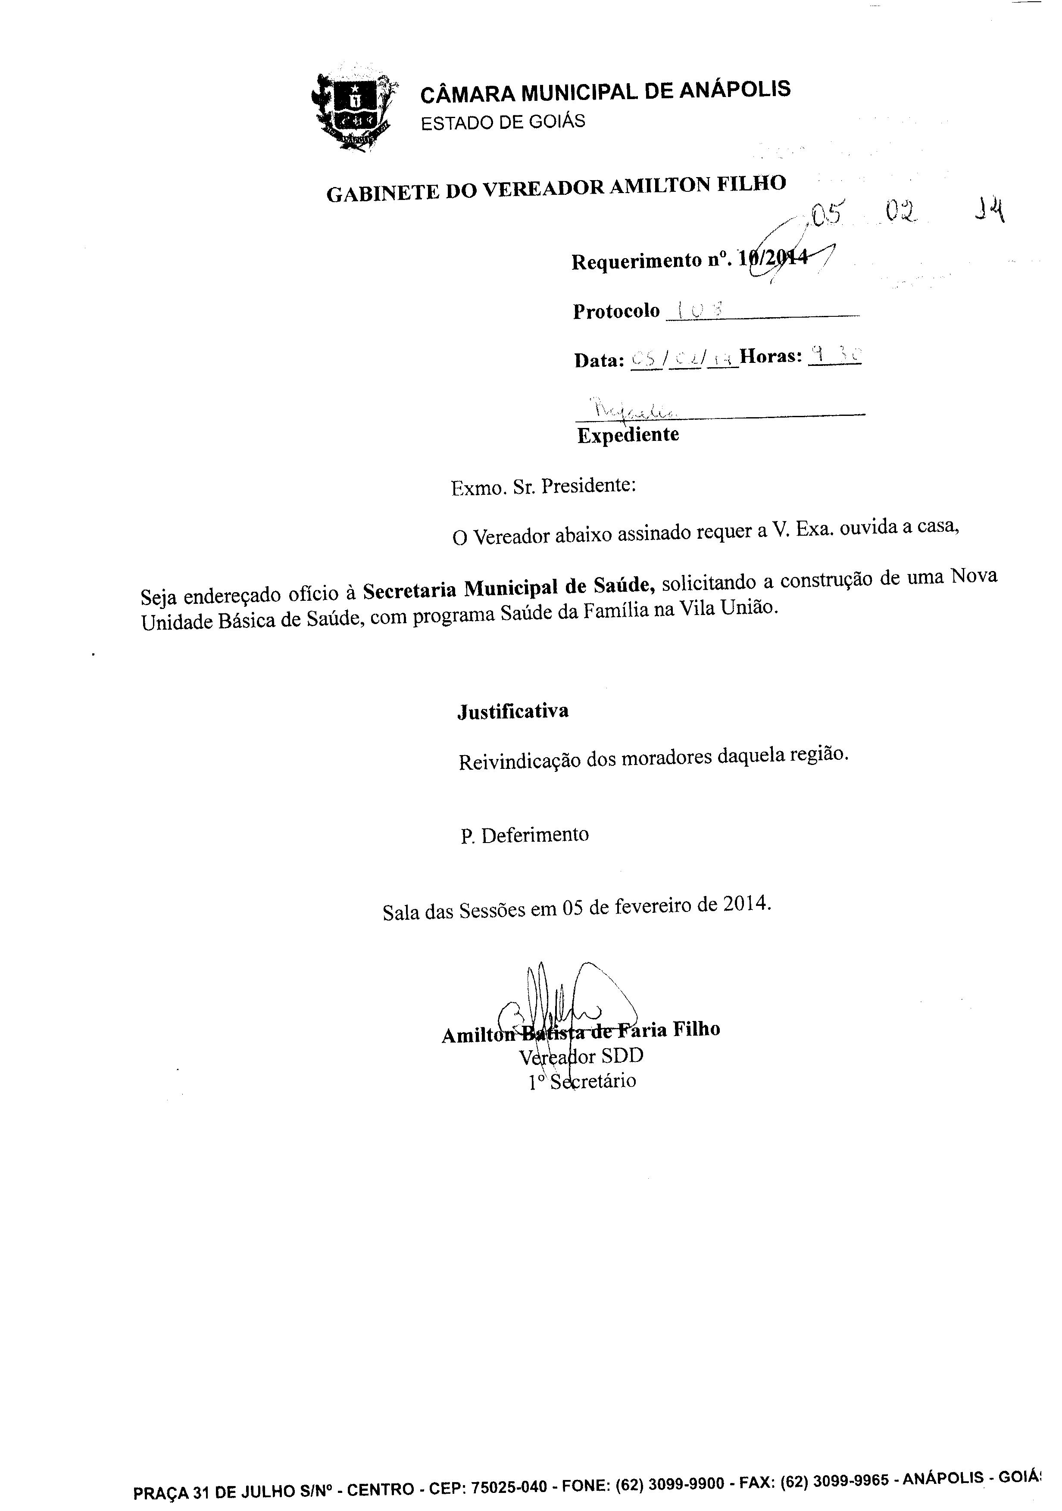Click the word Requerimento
tap(636, 261)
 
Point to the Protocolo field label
tap(616, 311)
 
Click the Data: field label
tap(599, 360)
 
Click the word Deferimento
tap(535, 834)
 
